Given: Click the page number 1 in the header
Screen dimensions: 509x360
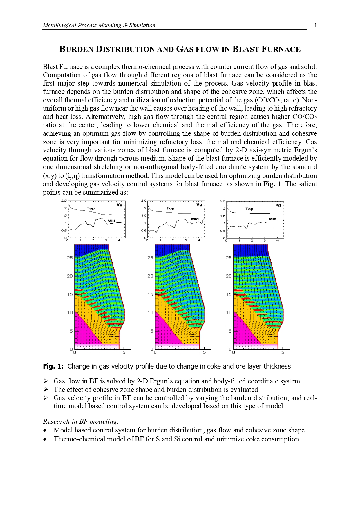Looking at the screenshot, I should (315, 26).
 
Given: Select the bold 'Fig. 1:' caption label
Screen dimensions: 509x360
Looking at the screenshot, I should (53, 366).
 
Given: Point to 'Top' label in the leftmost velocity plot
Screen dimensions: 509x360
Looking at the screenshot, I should (91, 208).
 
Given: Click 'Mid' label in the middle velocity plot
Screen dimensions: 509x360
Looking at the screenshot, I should (195, 219).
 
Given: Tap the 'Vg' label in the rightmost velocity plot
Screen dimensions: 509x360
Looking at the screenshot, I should (278, 205).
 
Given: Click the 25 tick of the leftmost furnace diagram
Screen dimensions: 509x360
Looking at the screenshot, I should (70, 258).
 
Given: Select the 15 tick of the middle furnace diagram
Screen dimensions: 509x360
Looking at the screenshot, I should (150, 294).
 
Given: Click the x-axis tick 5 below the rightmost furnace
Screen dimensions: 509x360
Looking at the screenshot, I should (283, 352).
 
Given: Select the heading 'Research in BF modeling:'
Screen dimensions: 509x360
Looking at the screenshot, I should (81, 421).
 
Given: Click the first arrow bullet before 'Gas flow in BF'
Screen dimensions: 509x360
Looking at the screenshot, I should (46, 381).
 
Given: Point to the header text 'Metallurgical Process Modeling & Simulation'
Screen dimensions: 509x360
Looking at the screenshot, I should (99, 26).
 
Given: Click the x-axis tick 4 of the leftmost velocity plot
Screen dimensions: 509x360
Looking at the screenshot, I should (119, 240).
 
